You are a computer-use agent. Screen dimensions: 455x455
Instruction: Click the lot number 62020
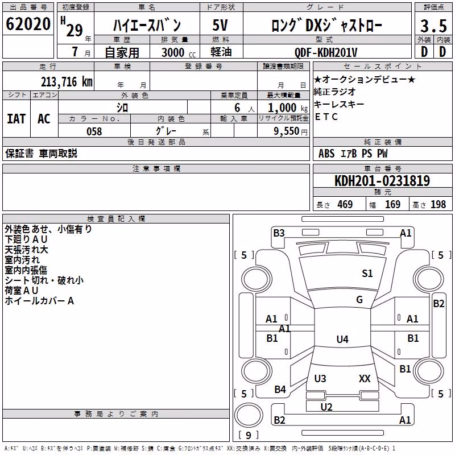point(28,24)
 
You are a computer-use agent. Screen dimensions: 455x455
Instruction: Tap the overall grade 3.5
point(433,26)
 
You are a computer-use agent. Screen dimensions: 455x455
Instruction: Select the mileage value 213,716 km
point(67,82)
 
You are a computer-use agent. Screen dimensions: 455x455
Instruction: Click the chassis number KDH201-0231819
point(382,180)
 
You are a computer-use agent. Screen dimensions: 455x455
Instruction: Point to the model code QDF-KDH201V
point(325,52)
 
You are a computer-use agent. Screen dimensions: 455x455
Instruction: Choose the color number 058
point(94,131)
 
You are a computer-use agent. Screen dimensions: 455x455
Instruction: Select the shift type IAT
point(16,119)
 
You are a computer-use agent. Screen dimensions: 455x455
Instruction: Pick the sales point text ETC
point(326,117)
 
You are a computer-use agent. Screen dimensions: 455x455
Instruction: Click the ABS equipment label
point(326,154)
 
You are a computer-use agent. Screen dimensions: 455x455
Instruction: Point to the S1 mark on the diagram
point(367,274)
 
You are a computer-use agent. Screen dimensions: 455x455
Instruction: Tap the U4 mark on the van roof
point(342,339)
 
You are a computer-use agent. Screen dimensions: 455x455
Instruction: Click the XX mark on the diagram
point(365,378)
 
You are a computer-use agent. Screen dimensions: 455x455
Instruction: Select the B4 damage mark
point(280,390)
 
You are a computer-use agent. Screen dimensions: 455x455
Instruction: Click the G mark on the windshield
point(359,300)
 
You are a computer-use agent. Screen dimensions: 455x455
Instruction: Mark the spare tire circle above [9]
point(249,415)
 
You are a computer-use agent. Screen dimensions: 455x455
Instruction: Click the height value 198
point(438,204)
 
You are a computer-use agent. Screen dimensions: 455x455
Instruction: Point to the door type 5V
point(220,25)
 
